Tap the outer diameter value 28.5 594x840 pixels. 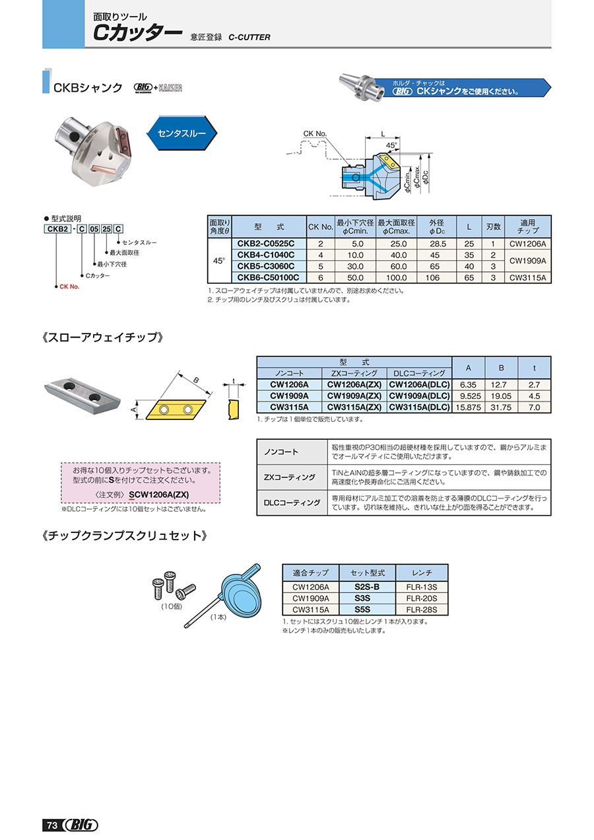[x=438, y=244]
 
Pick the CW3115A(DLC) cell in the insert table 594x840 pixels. [x=419, y=407]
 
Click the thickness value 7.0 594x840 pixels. [x=534, y=407]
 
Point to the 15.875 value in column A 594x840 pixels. [x=468, y=407]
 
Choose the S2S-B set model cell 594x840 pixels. [x=366, y=586]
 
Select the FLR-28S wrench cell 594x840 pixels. [x=422, y=610]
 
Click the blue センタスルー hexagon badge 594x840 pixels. [x=181, y=133]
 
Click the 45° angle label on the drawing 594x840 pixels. [x=391, y=145]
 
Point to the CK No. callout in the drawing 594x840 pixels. [x=315, y=134]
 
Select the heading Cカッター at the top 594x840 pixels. [x=137, y=34]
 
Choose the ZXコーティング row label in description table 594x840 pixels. [x=290, y=477]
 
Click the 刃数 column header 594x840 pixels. [x=492, y=226]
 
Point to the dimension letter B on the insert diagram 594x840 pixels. [x=195, y=380]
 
